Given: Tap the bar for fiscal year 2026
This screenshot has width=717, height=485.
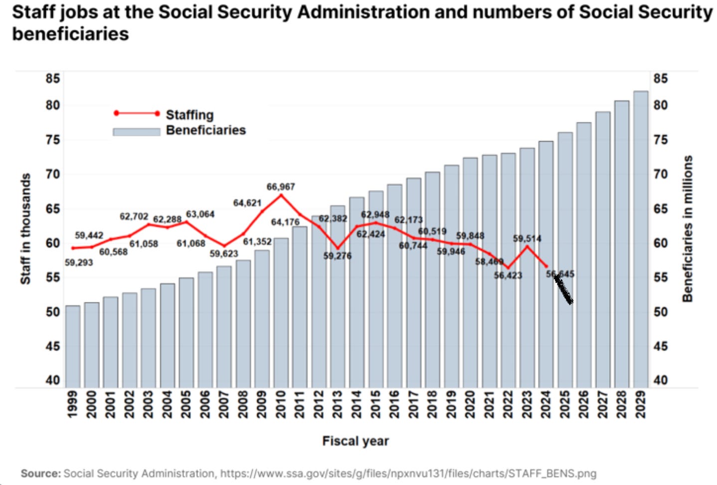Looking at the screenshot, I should coord(584,254).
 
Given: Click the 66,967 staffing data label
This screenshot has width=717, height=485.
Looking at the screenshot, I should coord(281,187).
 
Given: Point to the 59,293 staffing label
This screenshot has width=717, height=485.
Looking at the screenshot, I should coord(79,262).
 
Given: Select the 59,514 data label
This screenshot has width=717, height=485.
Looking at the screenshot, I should coord(527,239).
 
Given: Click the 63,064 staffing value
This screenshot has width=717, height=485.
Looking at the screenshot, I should coord(200,214).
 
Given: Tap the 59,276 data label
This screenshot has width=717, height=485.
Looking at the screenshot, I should coord(338,256).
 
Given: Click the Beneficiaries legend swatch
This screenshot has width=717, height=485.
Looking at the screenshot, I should coord(136,132).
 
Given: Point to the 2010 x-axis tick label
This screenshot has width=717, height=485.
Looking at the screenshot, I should coord(281,404).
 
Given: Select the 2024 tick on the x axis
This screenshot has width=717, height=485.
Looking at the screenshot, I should coord(546,404).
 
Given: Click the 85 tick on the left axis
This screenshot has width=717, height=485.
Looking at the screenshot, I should coord(53,78).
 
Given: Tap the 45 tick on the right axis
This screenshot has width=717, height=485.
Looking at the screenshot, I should coord(660,346).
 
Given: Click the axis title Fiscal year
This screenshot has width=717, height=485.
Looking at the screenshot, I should coord(356,441).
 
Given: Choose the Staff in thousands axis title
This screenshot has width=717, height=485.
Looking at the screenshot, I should coord(25,229).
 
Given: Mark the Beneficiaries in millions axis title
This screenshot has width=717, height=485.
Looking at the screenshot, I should coord(688,229).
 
